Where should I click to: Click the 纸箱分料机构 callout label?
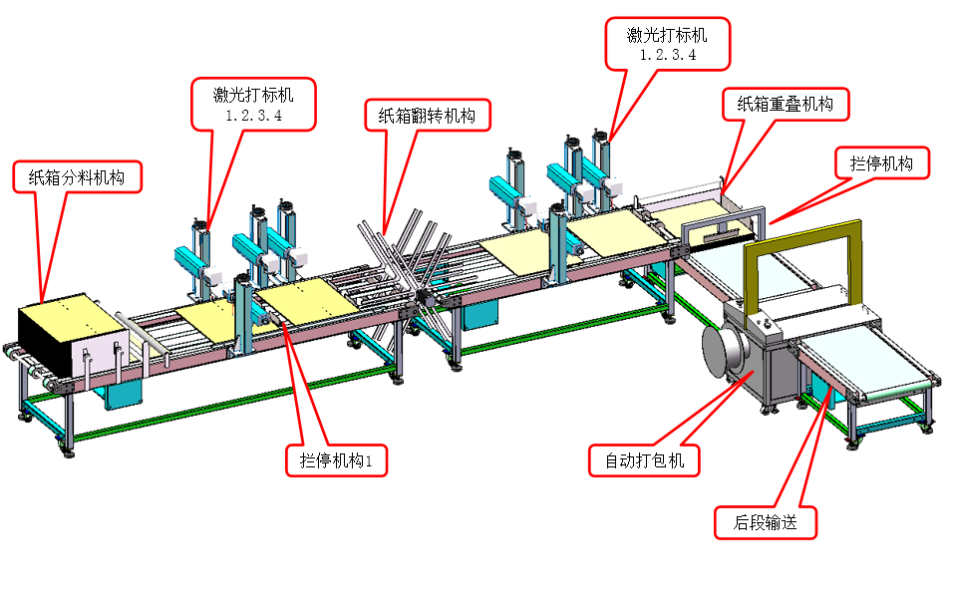point(78,178)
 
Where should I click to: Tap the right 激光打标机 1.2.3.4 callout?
point(667,44)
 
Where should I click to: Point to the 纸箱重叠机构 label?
point(785,104)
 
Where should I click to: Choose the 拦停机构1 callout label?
point(335,460)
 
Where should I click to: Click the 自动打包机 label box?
point(644,460)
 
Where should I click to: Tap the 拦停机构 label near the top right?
point(881,162)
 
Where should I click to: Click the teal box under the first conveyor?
point(126,393)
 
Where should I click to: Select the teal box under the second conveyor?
point(480,314)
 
